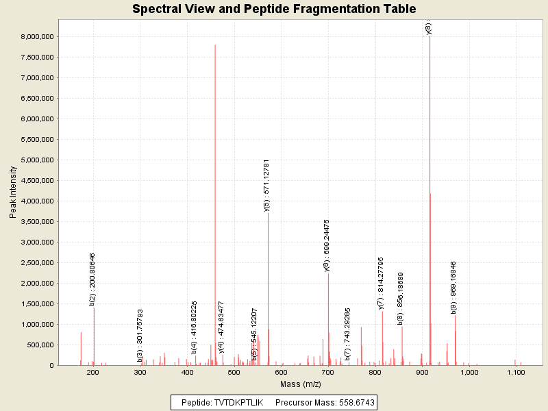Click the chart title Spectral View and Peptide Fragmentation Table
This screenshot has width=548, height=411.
pos(274,10)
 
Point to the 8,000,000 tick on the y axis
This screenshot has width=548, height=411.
pos(38,37)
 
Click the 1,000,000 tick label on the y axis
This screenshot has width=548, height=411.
pos(38,325)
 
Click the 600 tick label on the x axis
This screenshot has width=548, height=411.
pos(281,373)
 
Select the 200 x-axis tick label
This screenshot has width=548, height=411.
pos(94,373)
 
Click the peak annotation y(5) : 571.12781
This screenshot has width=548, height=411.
pos(266,186)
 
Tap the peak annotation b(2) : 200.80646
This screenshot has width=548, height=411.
pos(92,279)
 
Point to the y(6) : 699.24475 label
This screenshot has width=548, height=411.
pos(327,245)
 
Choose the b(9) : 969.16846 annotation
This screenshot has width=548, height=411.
pos(453,287)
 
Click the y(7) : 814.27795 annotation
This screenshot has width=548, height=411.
pos(381,282)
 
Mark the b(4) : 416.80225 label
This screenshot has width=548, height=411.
pos(195,327)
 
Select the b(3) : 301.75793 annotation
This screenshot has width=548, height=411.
pos(140,335)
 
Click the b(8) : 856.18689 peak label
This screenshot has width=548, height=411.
pos(401,298)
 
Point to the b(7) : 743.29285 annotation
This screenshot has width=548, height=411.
pos(348,334)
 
